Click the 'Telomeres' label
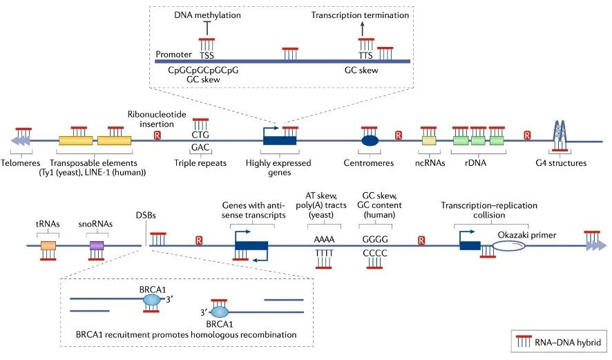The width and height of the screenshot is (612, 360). (23, 163)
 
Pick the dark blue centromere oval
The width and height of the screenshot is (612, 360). (370, 140)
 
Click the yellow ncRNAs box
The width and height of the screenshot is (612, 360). (429, 140)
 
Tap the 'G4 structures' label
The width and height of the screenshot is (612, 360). (560, 163)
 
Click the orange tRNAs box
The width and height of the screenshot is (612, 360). (48, 245)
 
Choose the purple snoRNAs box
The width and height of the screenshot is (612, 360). (97, 245)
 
